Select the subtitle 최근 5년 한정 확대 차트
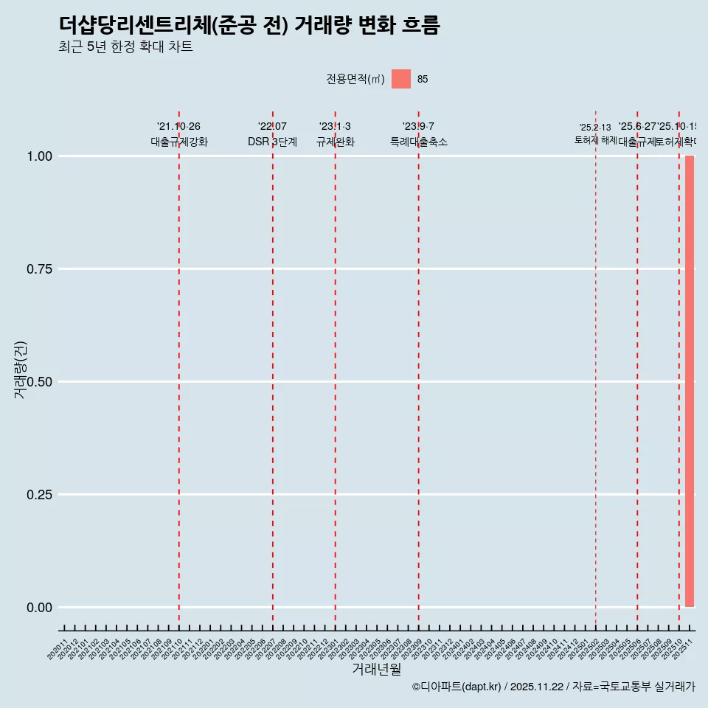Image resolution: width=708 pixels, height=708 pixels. (125, 47)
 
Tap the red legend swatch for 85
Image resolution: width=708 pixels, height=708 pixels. (400, 79)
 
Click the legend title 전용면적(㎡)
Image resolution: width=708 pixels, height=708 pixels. (355, 79)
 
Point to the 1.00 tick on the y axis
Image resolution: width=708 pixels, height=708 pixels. (40, 156)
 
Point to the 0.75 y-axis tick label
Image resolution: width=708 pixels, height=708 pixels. (40, 269)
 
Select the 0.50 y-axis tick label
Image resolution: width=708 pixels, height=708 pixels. (40, 382)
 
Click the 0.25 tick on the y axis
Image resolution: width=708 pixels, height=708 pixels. (40, 495)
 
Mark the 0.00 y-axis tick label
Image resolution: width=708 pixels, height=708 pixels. (40, 608)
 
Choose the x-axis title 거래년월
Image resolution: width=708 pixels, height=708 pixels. (377, 670)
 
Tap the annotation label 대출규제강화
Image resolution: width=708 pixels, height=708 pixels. (179, 142)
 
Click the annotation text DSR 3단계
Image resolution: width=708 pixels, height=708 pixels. (272, 142)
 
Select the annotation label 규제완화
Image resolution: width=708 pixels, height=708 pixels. (336, 142)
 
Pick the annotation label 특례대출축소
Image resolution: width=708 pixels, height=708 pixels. (419, 142)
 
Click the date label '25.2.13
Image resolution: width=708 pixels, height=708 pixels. (595, 128)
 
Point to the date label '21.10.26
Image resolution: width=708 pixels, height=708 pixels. (178, 127)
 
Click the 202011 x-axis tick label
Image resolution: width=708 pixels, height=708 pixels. (58, 649)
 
